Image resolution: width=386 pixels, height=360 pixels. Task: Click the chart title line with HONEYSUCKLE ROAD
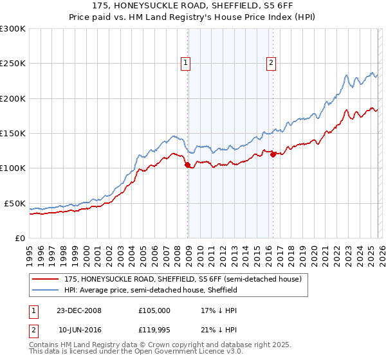click(x=193, y=6)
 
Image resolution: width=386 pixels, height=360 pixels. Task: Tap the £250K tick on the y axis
click(x=13, y=64)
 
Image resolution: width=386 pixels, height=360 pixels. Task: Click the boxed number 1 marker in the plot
click(x=185, y=63)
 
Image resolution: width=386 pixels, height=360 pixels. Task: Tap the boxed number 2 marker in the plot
click(x=271, y=63)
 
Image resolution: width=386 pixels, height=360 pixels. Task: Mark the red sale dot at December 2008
click(x=188, y=165)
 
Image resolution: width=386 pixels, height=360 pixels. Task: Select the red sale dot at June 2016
click(x=273, y=154)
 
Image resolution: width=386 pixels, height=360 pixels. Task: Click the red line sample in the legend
click(x=46, y=279)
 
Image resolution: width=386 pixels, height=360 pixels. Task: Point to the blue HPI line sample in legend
click(x=46, y=290)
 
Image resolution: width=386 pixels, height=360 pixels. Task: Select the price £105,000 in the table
click(x=154, y=310)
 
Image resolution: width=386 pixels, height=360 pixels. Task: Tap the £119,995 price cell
click(x=154, y=330)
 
